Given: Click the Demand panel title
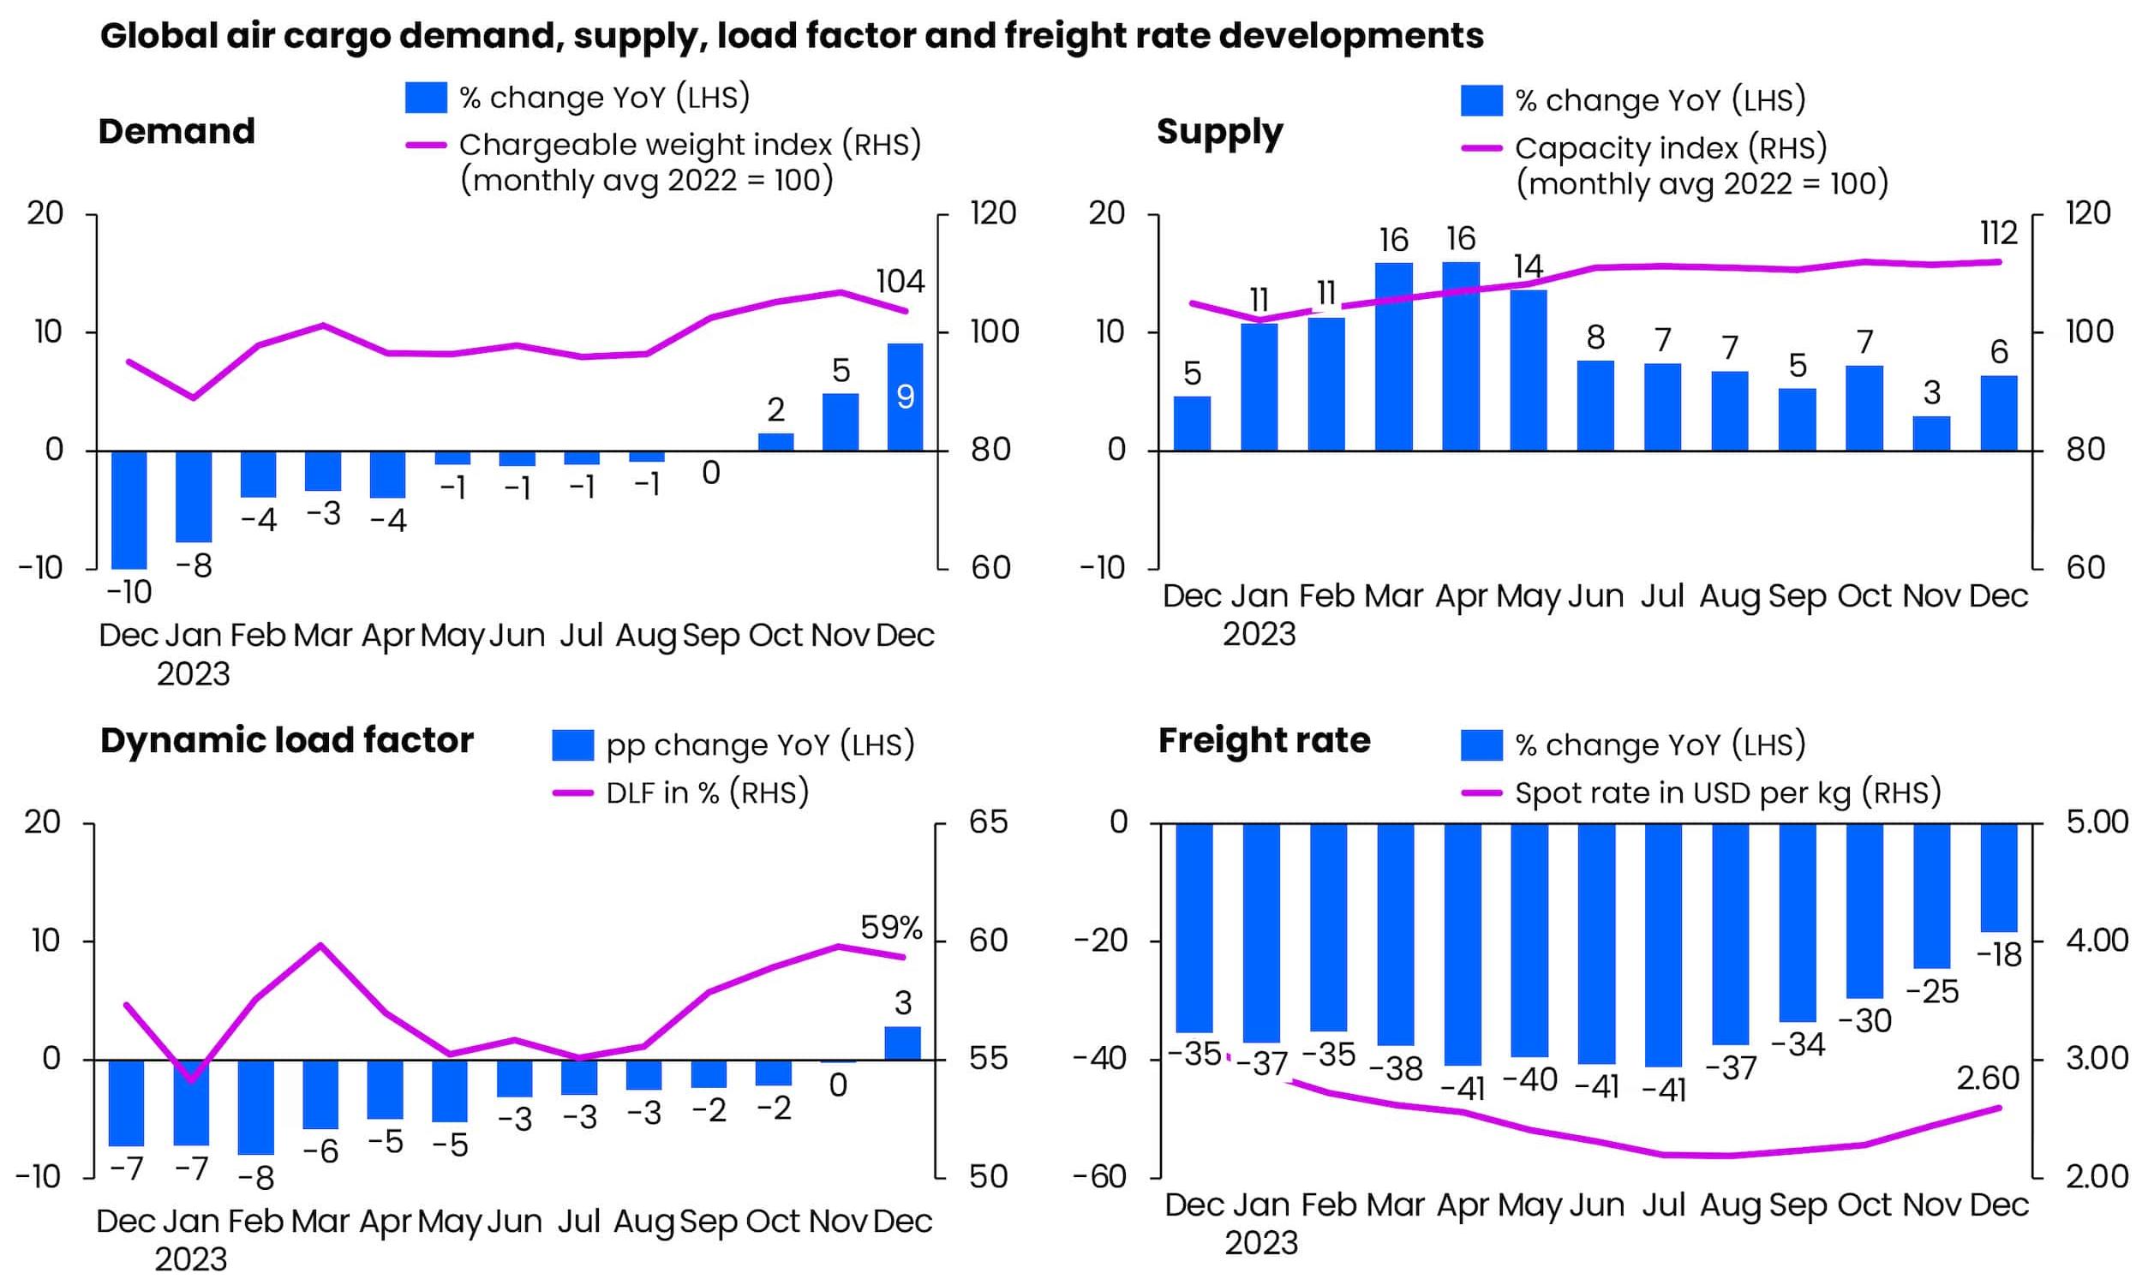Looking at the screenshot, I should [177, 132].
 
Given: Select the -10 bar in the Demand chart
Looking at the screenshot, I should [129, 509].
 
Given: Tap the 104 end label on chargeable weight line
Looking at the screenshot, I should [900, 282].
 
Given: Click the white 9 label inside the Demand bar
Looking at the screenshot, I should [905, 397].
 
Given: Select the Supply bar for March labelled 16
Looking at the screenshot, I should [1393, 356].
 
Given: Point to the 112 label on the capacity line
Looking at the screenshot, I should [1998, 233].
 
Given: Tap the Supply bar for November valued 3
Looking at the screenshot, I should [1930, 433].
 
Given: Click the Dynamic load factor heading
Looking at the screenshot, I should [286, 740].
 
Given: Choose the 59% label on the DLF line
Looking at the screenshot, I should [891, 929].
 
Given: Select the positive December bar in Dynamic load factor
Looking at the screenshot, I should [902, 1043].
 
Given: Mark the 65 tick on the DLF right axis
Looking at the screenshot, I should [988, 822].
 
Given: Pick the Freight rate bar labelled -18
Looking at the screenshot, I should [1998, 877].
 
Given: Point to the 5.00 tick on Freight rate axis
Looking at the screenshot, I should [2096, 822].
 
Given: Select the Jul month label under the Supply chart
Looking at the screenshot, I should [1661, 595].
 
